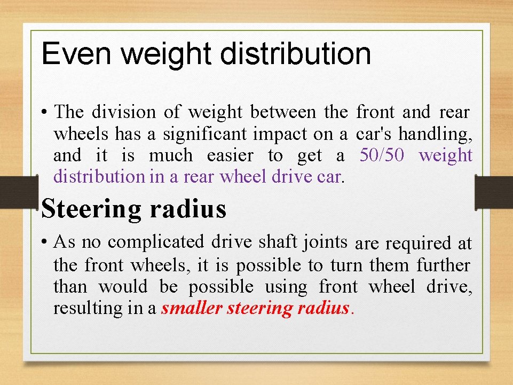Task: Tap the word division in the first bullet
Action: point(124,112)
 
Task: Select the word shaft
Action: point(277,242)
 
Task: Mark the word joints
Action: point(324,242)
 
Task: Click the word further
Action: point(444,265)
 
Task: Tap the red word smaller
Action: point(192,308)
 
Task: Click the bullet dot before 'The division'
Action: point(46,113)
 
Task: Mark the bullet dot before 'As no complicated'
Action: point(46,243)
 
